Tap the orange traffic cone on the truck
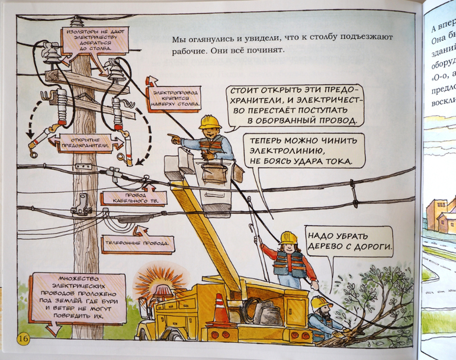click(220, 310)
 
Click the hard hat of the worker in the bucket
click(210, 122)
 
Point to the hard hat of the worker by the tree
click(320, 303)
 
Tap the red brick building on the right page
click(440, 214)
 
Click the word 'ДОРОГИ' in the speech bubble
click(370, 246)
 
